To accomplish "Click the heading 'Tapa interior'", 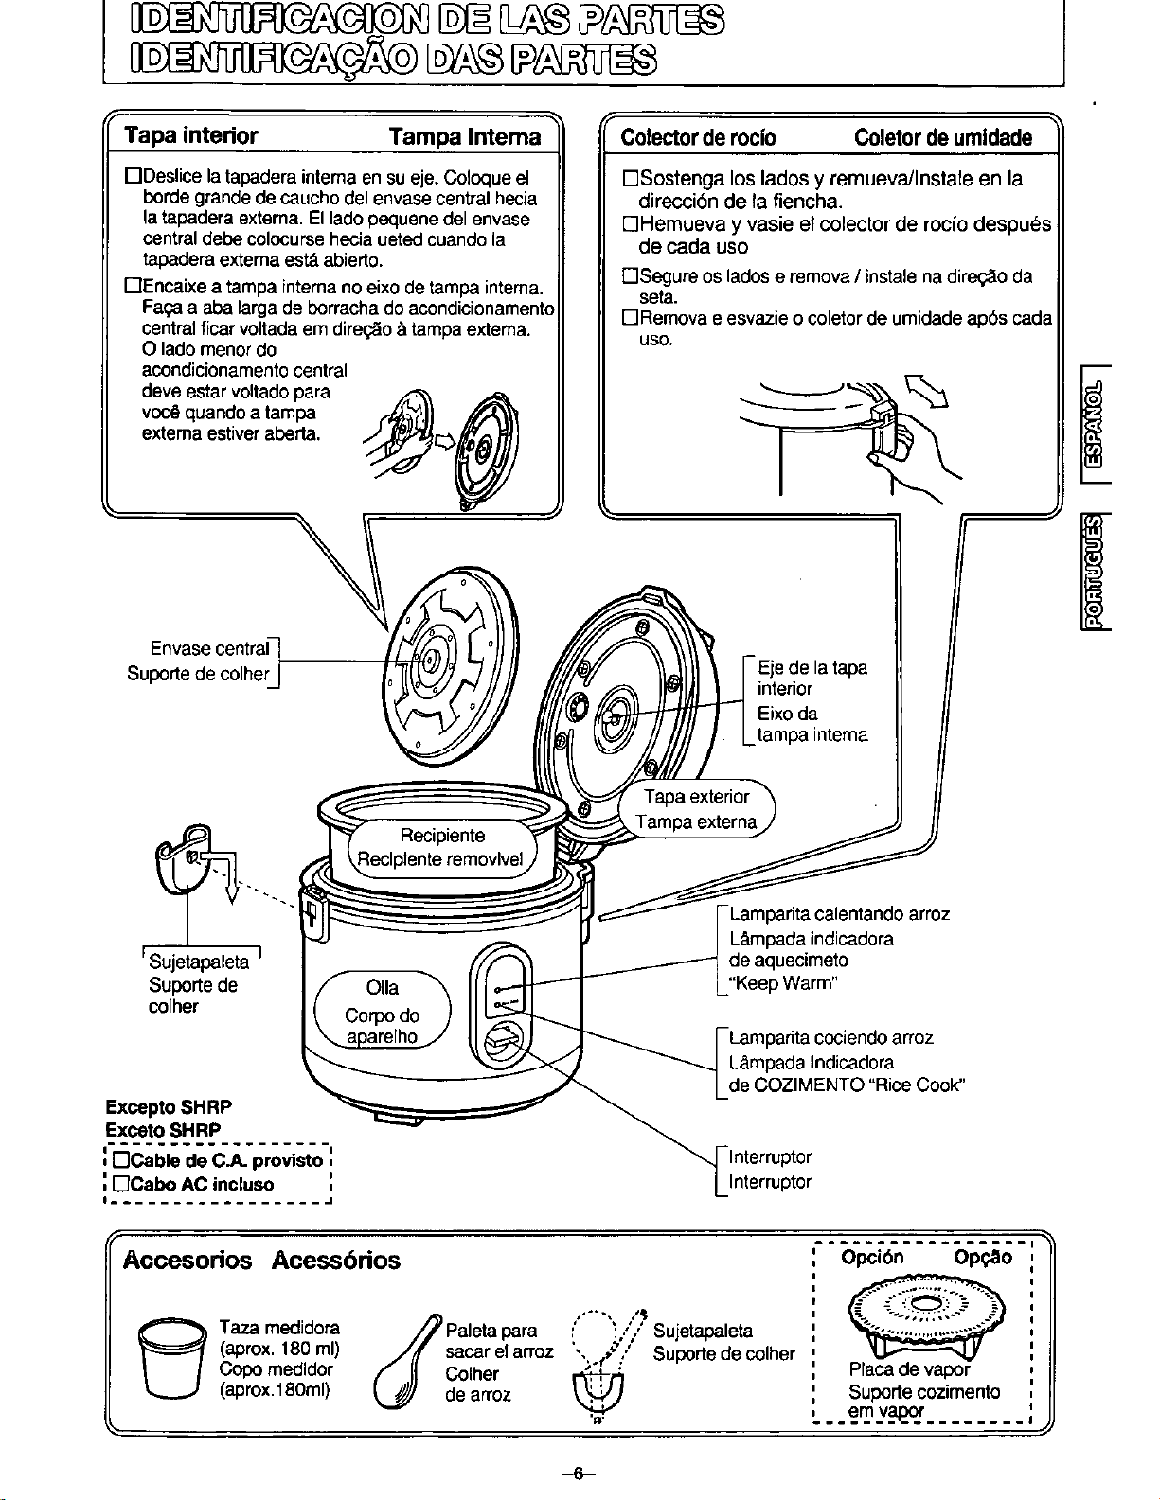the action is [190, 135].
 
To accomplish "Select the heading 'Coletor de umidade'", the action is [942, 137].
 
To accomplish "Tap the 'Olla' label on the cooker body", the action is [383, 987].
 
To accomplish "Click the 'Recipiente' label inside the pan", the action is [442, 836].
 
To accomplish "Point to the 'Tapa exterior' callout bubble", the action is [697, 808].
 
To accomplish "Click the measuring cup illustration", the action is [172, 1358].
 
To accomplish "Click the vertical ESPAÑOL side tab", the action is [1095, 424].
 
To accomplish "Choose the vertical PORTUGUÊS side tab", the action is [1095, 572].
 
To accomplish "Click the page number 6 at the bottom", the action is [579, 1474].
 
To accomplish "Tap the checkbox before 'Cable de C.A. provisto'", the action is [121, 1159].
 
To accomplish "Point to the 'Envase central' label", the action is [209, 648].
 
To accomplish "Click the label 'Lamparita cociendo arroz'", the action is [830, 1037].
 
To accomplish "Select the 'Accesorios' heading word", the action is [187, 1260].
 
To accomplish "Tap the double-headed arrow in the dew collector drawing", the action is [927, 391].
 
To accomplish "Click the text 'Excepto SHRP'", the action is [169, 1107].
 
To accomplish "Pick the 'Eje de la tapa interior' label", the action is [812, 678].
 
